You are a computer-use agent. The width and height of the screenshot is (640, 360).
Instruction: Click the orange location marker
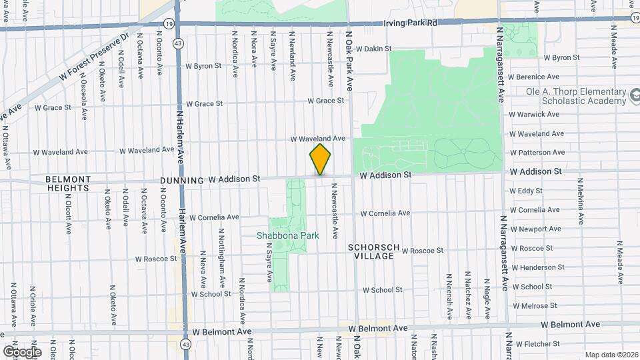pyautogui.click(x=320, y=160)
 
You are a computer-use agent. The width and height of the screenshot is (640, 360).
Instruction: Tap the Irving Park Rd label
pyautogui.click(x=410, y=23)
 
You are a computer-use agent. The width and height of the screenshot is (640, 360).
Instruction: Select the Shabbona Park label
pyautogui.click(x=288, y=235)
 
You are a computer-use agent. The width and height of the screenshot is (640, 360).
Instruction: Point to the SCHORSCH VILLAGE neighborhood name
pyautogui.click(x=373, y=251)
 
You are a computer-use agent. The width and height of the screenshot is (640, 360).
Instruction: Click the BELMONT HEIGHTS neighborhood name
pyautogui.click(x=67, y=183)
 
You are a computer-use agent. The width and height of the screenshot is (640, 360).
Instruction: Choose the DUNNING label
pyautogui.click(x=181, y=180)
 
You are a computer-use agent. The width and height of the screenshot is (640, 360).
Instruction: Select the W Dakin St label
pyautogui.click(x=373, y=49)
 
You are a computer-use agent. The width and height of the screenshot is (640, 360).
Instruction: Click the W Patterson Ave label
pyautogui.click(x=536, y=152)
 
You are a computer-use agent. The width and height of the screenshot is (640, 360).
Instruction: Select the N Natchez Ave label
pyautogui.click(x=469, y=295)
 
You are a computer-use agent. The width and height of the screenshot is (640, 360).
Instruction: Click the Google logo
pyautogui.click(x=21, y=351)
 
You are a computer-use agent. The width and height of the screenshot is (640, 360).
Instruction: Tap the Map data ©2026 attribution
pyautogui.click(x=611, y=355)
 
